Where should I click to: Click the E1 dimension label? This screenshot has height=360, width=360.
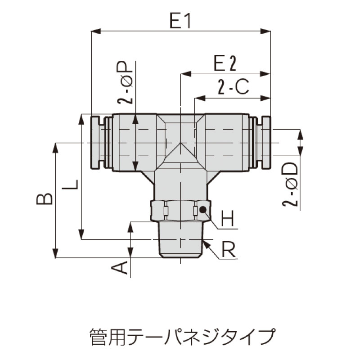coord(180,20)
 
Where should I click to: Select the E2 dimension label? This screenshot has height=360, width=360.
coord(225,63)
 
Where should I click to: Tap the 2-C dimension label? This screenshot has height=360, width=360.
coord(233,87)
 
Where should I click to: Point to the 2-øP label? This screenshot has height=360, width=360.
coord(125,82)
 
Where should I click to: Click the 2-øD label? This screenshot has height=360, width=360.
coord(290,184)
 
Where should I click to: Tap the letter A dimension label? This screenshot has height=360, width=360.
coord(119,267)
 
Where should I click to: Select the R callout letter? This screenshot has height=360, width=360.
coord(229,250)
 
